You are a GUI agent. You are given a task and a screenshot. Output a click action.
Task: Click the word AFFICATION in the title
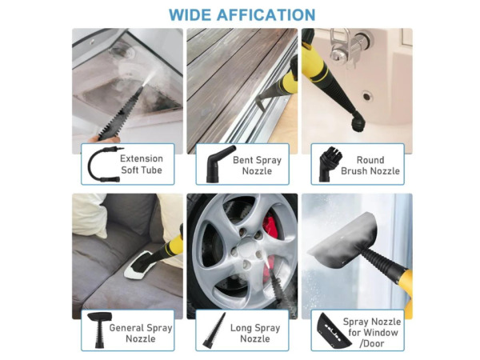coord(266,14)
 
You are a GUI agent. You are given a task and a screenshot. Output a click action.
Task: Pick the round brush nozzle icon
coord(329,164)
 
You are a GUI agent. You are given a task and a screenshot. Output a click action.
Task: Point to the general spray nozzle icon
coord(99,329)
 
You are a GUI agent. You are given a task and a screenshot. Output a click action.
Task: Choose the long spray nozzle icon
coord(214,331)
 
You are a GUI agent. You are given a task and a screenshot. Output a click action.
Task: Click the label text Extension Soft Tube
coord(142,164)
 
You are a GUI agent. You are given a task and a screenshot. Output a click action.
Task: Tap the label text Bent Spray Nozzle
coord(257,166)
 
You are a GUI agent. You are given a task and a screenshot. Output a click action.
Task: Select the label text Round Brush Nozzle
coord(370,166)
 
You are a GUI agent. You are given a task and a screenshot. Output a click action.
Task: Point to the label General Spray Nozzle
coord(141,333)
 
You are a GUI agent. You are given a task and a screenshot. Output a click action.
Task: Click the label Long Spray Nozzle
coord(255,333)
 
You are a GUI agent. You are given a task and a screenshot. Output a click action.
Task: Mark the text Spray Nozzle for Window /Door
coord(372,333)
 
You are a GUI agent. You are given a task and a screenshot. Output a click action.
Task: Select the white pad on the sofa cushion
coord(139,265)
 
